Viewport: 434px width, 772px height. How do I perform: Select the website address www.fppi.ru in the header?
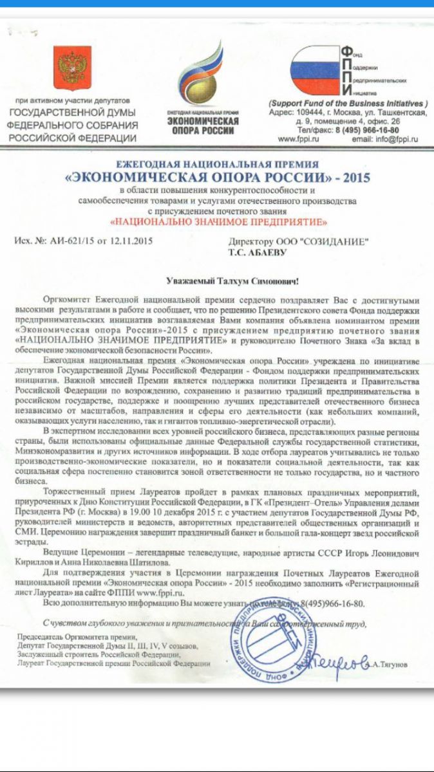[x=299, y=138]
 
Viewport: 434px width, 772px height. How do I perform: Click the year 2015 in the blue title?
[x=353, y=177]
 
